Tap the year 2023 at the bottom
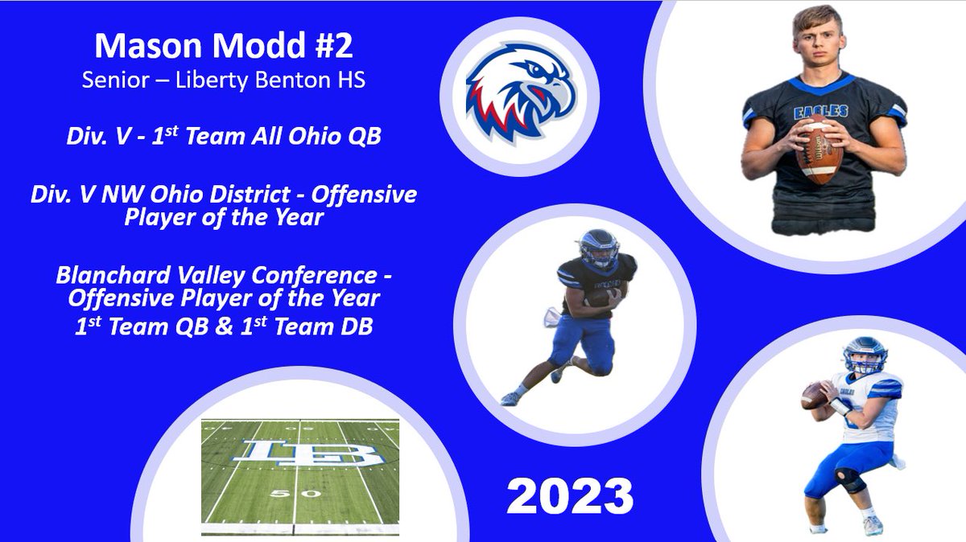click(570, 496)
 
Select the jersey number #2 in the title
click(330, 46)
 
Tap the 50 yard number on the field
click(283, 493)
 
